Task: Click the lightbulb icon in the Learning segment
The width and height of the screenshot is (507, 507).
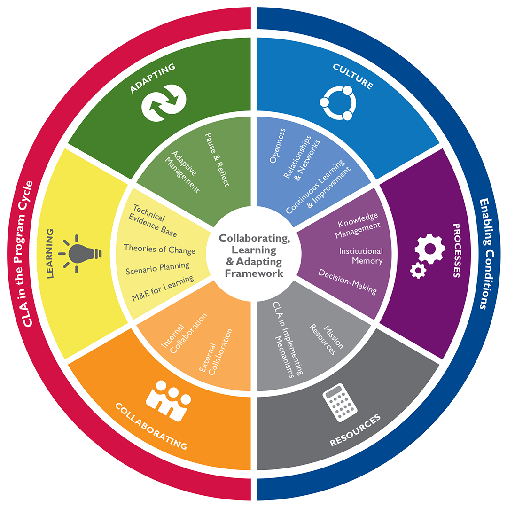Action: click(x=80, y=254)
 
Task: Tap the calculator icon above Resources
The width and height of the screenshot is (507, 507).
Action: click(x=340, y=402)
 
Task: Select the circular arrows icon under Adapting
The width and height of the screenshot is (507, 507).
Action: click(x=164, y=103)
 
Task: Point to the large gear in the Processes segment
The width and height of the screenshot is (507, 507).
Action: click(x=430, y=249)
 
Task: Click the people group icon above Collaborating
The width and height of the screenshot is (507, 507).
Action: click(x=169, y=400)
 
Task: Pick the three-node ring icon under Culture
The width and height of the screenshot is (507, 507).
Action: click(x=338, y=103)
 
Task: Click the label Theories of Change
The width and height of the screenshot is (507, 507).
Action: click(x=159, y=250)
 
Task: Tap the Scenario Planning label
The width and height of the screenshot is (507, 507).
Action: click(x=157, y=268)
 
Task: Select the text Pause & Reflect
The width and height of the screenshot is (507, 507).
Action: click(x=217, y=160)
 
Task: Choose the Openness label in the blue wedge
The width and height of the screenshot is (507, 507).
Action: click(x=278, y=146)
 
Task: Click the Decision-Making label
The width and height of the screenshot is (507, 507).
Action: click(x=348, y=281)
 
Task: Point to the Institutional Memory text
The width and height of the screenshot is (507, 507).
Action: click(x=361, y=256)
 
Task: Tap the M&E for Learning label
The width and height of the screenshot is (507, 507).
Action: click(x=163, y=289)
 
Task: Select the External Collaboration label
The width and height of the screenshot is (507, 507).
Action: click(x=216, y=352)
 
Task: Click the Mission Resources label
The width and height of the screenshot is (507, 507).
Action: click(x=326, y=340)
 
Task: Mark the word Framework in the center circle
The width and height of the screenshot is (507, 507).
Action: click(x=254, y=273)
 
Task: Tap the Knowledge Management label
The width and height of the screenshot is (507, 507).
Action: click(x=358, y=225)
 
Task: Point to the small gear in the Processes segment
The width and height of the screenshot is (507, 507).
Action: click(x=418, y=271)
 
